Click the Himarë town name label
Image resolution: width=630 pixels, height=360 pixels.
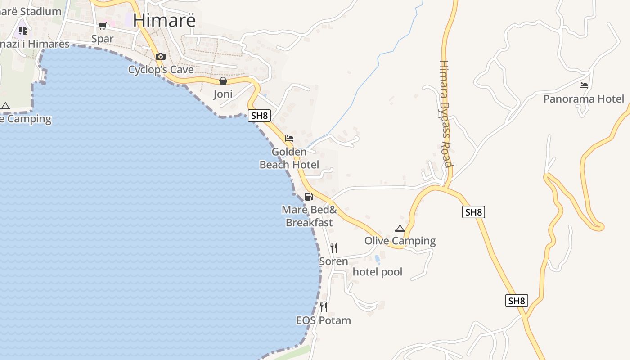(x=165, y=20)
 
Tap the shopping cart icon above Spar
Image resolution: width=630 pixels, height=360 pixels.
(x=103, y=26)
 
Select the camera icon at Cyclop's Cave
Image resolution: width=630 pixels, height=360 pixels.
(x=161, y=57)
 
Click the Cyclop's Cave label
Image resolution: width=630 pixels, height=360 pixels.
(x=161, y=70)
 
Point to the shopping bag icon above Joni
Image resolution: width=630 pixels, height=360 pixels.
(x=223, y=81)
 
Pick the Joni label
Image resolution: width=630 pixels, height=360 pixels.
(x=223, y=94)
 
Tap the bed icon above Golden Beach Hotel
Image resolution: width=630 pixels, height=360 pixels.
(x=289, y=139)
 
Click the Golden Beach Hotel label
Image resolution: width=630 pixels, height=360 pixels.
(x=289, y=158)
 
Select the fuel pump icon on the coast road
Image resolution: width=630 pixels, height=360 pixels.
(x=309, y=197)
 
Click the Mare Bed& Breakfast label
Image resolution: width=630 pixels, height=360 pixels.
(x=309, y=216)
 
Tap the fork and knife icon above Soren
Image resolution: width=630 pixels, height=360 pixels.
(x=333, y=248)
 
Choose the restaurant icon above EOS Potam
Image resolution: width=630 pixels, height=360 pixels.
(x=324, y=307)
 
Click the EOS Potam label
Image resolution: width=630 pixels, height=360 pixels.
(x=324, y=320)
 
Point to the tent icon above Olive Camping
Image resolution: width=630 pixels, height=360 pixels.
(x=400, y=228)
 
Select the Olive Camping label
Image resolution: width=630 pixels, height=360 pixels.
(x=400, y=241)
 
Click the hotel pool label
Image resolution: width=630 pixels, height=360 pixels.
(x=378, y=272)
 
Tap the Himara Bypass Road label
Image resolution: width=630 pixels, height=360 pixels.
(x=445, y=114)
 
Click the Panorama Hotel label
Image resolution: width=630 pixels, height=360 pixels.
(x=584, y=99)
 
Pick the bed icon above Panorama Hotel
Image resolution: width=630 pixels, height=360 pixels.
(x=584, y=85)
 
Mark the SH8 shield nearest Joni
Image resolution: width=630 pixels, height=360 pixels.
(x=260, y=116)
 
